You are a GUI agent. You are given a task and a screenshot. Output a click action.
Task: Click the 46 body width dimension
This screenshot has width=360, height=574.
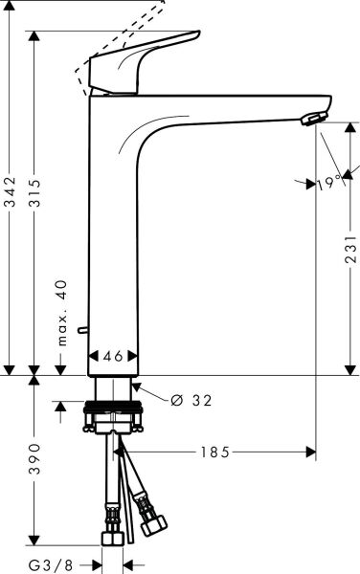[113, 355]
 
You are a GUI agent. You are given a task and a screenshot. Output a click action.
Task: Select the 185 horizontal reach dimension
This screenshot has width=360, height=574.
[216, 452]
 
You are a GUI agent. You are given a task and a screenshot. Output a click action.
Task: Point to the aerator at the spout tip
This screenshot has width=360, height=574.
[312, 119]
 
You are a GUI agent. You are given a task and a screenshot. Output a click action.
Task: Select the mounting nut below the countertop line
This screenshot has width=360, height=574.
[114, 417]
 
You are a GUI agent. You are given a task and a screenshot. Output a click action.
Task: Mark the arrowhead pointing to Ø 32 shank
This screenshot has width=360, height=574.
[137, 386]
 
